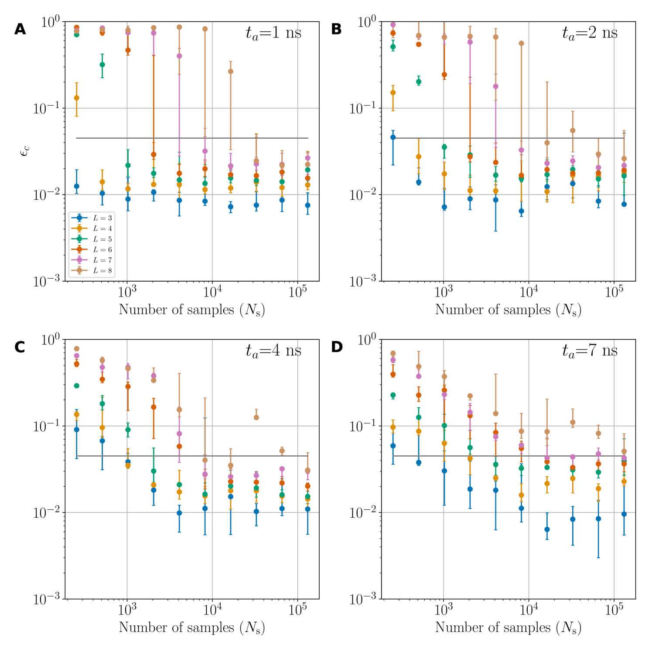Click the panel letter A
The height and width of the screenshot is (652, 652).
20,29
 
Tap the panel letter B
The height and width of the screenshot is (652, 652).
336,29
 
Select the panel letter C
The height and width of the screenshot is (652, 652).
20,347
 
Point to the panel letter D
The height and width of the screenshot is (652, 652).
337,347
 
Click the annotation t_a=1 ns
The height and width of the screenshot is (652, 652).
273,33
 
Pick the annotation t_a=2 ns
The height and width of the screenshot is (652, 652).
590,33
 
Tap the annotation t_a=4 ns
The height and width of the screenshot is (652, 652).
273,351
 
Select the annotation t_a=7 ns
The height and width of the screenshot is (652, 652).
590,351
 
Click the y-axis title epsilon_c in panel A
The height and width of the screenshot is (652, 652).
25,151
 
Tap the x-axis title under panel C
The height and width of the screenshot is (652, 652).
192,628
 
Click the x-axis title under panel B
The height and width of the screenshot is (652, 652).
508,310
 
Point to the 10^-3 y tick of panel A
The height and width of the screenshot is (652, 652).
48,282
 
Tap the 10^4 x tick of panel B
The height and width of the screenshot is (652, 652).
529,291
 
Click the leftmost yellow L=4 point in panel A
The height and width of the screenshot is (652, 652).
77,98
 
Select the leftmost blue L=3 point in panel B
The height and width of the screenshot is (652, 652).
393,137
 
